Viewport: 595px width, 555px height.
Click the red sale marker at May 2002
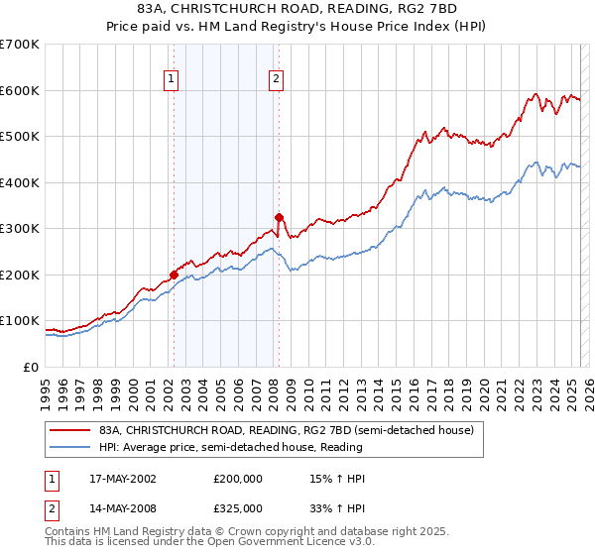tap(174, 275)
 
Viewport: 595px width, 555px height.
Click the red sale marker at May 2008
tap(279, 217)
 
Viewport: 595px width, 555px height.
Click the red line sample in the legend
tap(70, 430)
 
